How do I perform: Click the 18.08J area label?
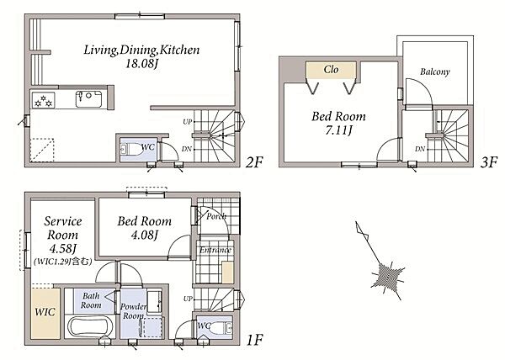click(141, 64)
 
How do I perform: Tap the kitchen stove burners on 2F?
click(44, 100)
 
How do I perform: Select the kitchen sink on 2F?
click(89, 98)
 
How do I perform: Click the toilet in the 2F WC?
click(131, 149)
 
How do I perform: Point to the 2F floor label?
click(254, 162)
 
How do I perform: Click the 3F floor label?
click(489, 162)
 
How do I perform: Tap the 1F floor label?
click(254, 340)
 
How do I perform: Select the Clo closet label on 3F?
click(331, 69)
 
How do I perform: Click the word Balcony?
click(435, 71)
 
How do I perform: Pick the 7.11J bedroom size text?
click(338, 130)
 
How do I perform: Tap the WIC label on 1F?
click(45, 312)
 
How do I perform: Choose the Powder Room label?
click(133, 311)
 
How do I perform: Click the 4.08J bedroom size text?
click(145, 236)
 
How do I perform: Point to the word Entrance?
click(215, 250)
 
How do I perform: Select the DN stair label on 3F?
click(420, 149)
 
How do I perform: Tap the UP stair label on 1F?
click(188, 299)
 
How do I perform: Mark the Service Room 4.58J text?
click(62, 235)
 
